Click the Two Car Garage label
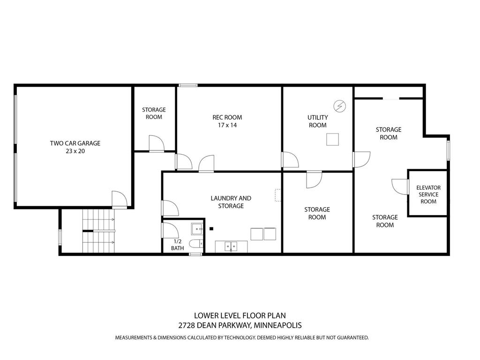(x=75, y=147)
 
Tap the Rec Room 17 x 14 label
(x=227, y=121)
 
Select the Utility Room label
(x=317, y=121)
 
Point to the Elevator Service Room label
(x=428, y=195)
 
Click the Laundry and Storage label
(x=231, y=202)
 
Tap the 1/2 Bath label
(x=177, y=245)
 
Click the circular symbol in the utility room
(x=340, y=106)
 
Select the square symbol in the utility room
(x=333, y=140)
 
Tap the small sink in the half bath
(x=196, y=229)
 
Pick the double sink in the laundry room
(x=231, y=246)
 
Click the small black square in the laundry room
(x=212, y=229)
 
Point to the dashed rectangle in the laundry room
(x=278, y=195)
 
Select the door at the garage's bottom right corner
(x=119, y=199)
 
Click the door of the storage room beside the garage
(x=156, y=143)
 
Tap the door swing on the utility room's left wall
(x=290, y=159)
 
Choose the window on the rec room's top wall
(x=188, y=85)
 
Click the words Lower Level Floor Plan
(x=240, y=316)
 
